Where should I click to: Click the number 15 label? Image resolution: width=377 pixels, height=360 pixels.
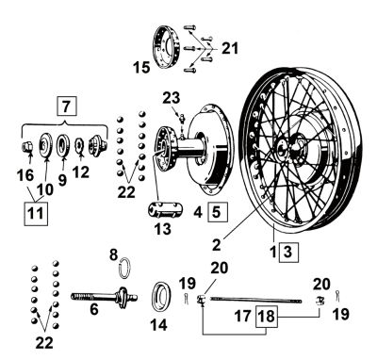143,67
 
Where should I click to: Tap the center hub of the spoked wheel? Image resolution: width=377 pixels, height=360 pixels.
285,149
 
